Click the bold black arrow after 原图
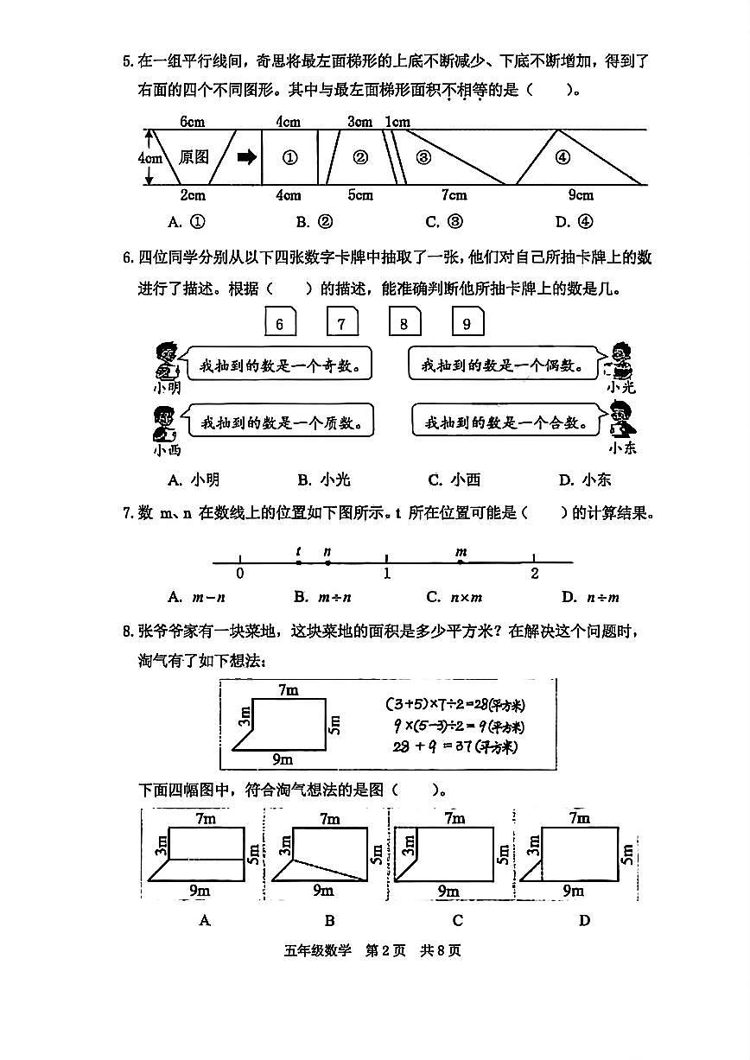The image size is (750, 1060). click(x=247, y=156)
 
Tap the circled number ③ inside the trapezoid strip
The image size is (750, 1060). click(x=423, y=157)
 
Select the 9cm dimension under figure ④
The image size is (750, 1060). click(x=581, y=195)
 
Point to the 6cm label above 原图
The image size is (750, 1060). click(x=192, y=122)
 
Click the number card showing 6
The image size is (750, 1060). click(x=280, y=324)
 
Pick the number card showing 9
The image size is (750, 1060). click(x=467, y=324)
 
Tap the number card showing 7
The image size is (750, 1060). click(x=342, y=324)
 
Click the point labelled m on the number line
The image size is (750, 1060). click(x=461, y=562)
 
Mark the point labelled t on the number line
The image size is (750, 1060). click(x=298, y=562)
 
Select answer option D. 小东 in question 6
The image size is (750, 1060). click(x=585, y=480)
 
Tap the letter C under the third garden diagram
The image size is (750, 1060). click(x=458, y=921)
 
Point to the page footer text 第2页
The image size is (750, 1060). click(x=385, y=951)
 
